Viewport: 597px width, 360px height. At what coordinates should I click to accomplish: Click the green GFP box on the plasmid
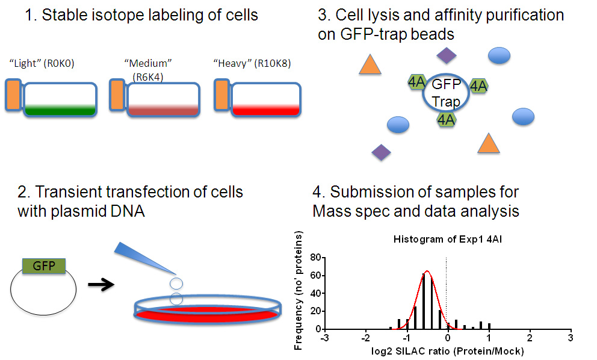44,266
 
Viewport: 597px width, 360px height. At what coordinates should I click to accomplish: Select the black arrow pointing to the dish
101,285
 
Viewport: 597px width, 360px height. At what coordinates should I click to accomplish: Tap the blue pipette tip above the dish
145,258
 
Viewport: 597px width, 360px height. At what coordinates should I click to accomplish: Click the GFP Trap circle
446,93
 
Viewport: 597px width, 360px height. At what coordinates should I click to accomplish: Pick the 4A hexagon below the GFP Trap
446,120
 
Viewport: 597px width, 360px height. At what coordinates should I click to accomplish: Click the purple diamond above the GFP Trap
447,55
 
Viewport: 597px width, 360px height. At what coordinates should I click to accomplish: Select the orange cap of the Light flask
14,95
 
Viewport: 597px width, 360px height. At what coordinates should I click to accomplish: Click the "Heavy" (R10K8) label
252,63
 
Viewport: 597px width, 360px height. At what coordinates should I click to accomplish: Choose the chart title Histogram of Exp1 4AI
447,239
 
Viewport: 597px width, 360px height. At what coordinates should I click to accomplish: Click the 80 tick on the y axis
315,258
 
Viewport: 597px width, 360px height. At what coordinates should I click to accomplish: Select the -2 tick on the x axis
365,338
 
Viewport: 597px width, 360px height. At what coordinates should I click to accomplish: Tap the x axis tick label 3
570,338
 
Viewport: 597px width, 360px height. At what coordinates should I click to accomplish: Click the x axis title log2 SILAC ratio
447,351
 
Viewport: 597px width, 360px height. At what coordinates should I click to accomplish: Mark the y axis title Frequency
298,290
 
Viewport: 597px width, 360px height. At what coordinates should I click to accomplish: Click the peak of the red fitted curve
427,271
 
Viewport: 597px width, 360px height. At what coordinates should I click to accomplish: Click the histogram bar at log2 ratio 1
489,326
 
